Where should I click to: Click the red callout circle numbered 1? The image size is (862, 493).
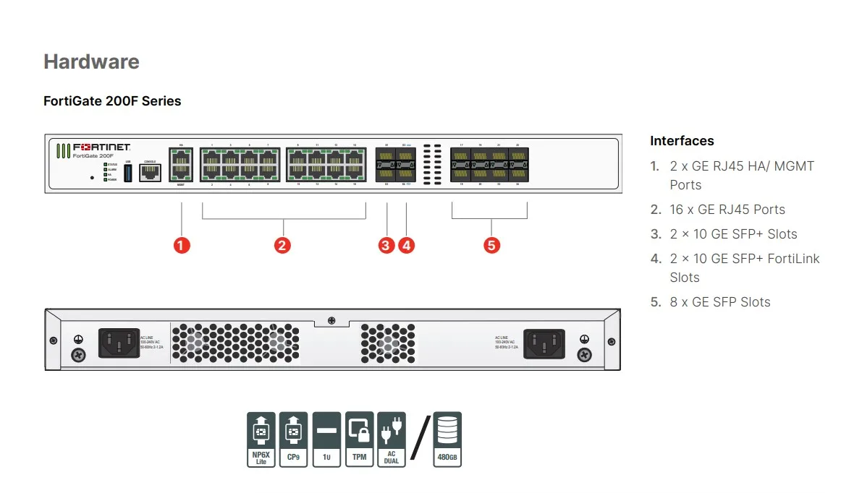click(x=182, y=245)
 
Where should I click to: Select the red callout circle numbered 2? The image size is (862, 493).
click(x=282, y=245)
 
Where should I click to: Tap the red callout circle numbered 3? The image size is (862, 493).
click(x=386, y=245)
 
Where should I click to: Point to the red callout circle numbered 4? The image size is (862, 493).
click(x=407, y=245)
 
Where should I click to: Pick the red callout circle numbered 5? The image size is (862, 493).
click(x=491, y=245)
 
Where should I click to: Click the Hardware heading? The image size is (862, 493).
click(x=91, y=61)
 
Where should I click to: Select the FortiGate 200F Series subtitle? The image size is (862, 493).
click(x=112, y=101)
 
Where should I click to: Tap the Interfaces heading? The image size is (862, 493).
click(x=682, y=141)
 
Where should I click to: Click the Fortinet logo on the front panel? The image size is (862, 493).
click(x=101, y=147)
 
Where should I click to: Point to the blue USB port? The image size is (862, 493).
click(x=128, y=173)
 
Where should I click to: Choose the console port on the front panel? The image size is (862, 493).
click(x=150, y=172)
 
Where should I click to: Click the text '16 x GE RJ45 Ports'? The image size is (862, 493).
click(x=727, y=210)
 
